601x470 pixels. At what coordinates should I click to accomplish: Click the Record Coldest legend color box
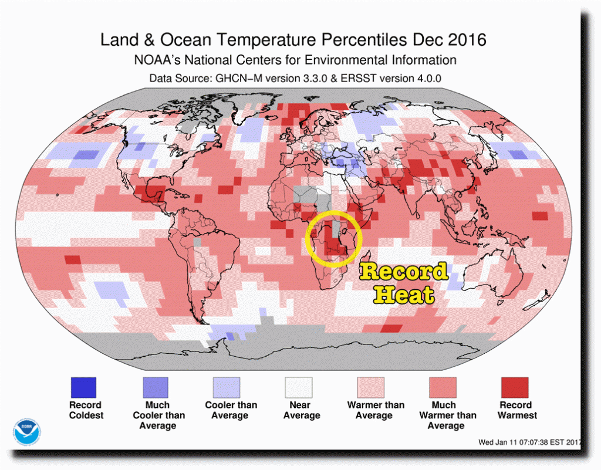(83, 387)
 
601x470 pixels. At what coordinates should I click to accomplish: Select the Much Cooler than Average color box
(155, 387)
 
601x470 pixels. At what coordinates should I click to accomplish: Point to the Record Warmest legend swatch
(515, 387)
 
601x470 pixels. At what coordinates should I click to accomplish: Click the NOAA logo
(25, 431)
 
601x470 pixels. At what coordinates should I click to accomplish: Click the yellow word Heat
(404, 295)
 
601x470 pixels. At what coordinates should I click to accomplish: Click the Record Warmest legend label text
(517, 410)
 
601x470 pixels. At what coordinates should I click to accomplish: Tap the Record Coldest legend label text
(86, 410)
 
